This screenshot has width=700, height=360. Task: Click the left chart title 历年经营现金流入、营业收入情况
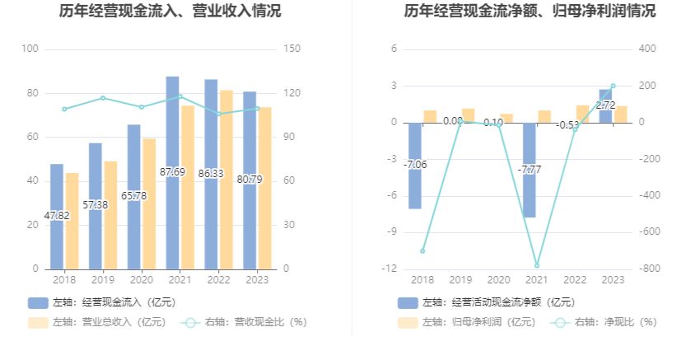point(170,12)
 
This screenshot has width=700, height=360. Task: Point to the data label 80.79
point(250,179)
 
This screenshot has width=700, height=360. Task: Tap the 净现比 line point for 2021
point(537,265)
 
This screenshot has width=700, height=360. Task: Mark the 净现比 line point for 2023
point(613,86)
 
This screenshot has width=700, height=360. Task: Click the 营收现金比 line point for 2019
point(103,98)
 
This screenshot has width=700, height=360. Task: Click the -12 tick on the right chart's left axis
point(390,269)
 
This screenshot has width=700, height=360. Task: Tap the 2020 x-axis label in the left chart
point(142,279)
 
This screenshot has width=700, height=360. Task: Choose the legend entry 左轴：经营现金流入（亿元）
point(102,302)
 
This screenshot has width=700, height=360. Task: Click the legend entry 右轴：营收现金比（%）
point(245,322)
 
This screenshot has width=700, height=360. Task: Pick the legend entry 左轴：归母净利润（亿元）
point(466,322)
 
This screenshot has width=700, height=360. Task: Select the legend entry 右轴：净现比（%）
point(605,322)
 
